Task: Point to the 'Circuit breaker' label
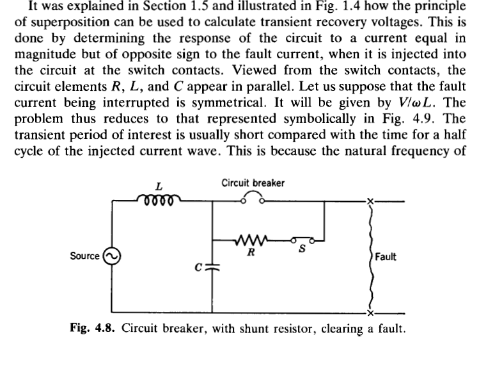coord(253,183)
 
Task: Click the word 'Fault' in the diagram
coord(386,257)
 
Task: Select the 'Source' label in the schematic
coord(84,256)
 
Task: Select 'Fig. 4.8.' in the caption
coord(93,329)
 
